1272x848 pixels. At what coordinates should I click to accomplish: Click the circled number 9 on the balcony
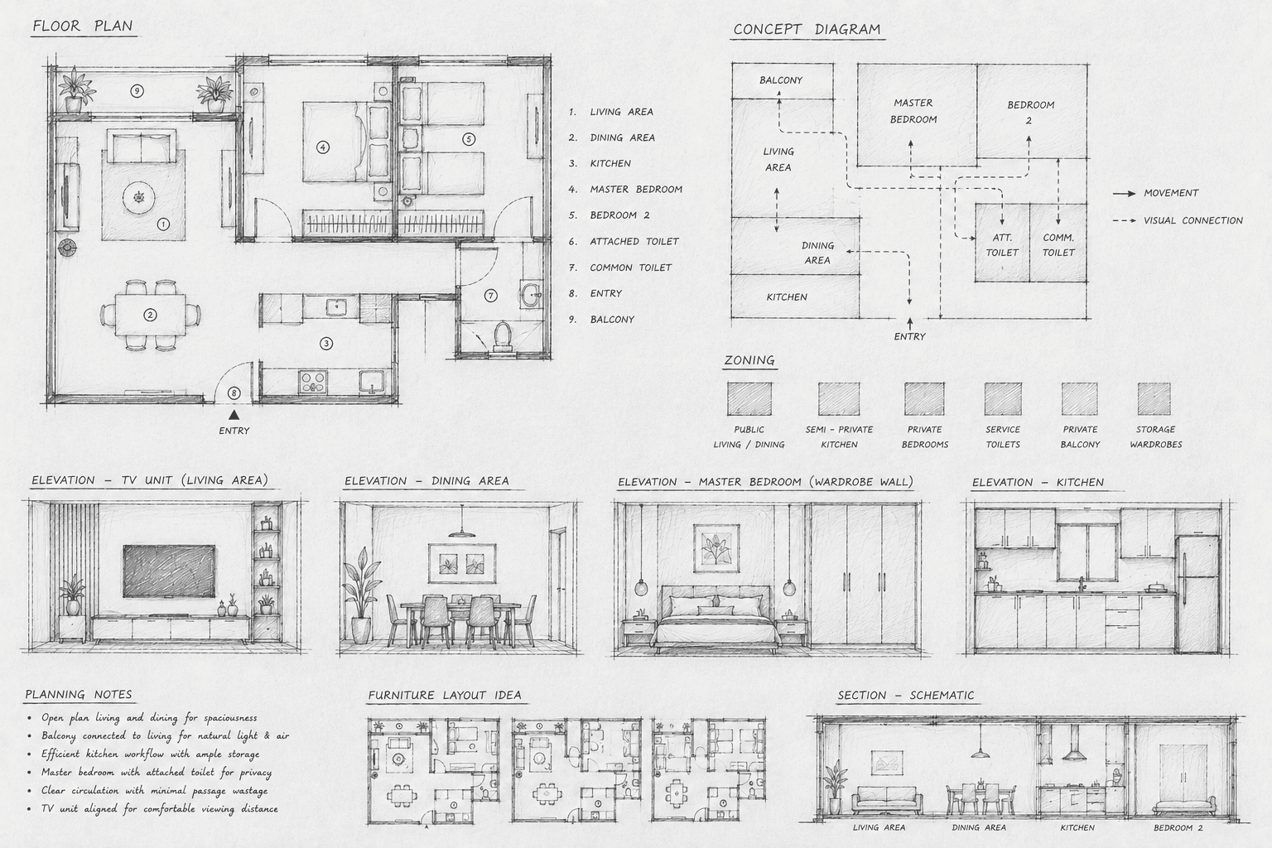[137, 90]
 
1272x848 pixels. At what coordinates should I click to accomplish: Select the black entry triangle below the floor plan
[234, 415]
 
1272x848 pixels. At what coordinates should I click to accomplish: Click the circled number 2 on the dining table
[150, 315]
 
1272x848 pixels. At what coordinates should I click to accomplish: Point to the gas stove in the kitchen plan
[313, 381]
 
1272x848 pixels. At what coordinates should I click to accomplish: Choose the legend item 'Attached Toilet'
[634, 241]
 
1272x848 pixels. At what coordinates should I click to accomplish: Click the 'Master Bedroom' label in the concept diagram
[913, 111]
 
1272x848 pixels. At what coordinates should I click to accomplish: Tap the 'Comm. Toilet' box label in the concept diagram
[1058, 245]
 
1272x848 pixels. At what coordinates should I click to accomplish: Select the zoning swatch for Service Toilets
[1003, 398]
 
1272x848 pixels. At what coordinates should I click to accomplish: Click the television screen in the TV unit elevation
[169, 571]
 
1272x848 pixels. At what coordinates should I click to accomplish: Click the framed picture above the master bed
[716, 548]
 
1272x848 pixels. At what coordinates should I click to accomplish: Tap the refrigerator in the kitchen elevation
[1197, 594]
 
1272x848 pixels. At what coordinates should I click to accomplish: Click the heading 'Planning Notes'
[79, 694]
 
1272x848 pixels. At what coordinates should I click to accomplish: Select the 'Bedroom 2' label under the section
[1178, 827]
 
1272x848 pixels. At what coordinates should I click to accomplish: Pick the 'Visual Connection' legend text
[1193, 220]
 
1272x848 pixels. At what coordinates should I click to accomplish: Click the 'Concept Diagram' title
[807, 30]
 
